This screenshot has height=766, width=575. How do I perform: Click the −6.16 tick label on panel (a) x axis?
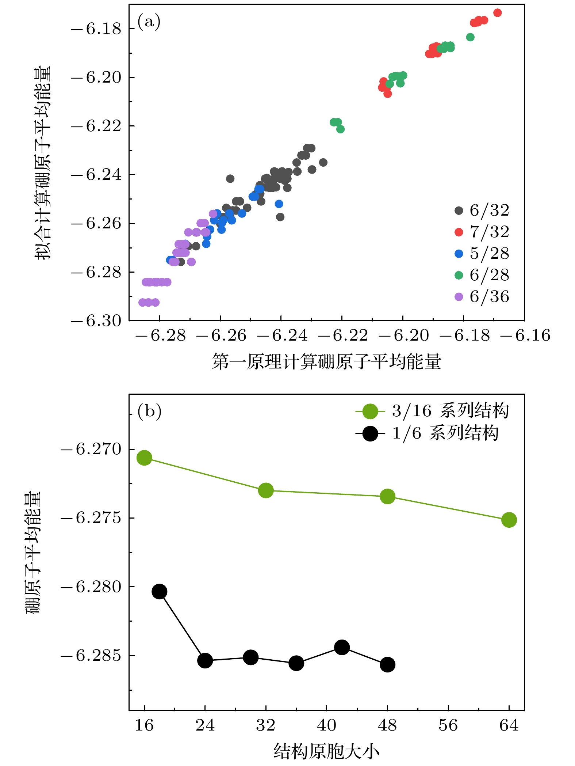[x=525, y=335]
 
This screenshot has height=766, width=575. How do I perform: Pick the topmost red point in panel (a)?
[x=497, y=13]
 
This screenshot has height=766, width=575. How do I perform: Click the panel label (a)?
[x=149, y=22]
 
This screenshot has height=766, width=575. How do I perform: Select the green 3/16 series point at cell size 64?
[x=509, y=520]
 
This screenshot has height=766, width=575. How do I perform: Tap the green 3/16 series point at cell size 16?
[x=144, y=458]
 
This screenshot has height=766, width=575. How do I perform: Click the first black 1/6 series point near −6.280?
[x=160, y=591]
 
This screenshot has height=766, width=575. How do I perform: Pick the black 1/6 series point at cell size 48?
[x=387, y=664]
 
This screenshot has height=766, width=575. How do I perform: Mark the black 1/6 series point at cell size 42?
[x=342, y=647]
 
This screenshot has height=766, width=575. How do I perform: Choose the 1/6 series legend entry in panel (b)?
[x=427, y=433]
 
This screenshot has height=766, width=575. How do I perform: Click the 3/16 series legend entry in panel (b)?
[x=432, y=411]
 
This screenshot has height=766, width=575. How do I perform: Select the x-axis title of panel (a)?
[x=326, y=362]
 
